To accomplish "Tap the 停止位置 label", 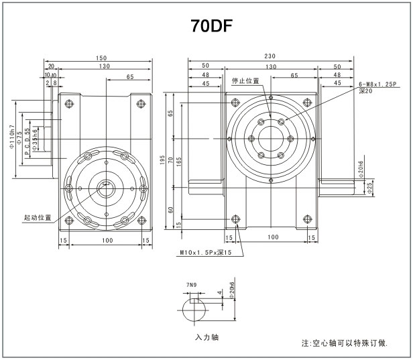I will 245,81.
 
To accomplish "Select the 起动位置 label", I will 37,218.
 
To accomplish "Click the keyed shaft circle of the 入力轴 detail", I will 195,312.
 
